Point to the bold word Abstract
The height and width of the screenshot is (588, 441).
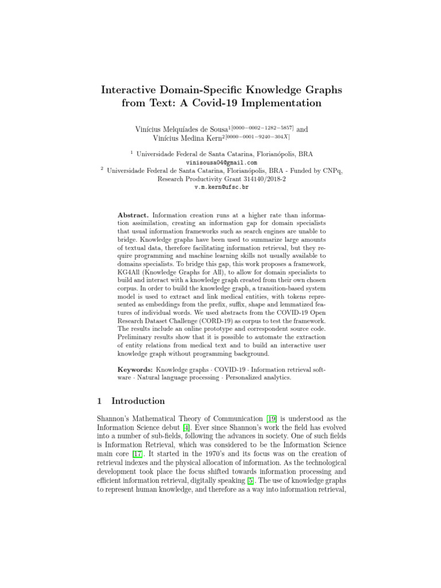pos(133,214)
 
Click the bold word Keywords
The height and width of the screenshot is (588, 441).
pos(135,370)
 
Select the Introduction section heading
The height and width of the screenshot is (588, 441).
pos(138,401)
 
